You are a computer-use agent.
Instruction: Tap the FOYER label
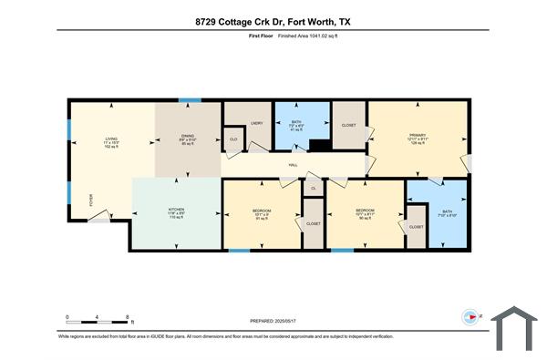tap(90, 201)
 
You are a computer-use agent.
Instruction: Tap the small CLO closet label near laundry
tap(233, 139)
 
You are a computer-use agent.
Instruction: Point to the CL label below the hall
tap(314, 188)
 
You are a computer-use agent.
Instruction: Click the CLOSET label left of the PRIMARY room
tap(348, 124)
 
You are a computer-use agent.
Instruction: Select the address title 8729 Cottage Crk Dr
tap(273, 20)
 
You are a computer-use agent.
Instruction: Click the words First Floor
tap(261, 37)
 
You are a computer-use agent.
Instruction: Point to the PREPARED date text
tap(273, 321)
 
